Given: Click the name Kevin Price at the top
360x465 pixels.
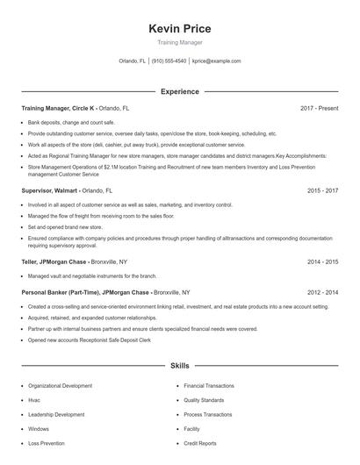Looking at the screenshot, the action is click(x=180, y=29).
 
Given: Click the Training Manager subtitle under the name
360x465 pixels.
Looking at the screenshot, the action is click(x=180, y=42).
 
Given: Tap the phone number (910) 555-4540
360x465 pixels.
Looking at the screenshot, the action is click(x=169, y=61).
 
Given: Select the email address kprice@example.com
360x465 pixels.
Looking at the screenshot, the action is click(x=216, y=61).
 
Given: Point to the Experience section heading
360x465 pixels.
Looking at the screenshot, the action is click(x=179, y=91).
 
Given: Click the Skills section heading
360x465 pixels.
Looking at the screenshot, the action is click(x=179, y=364).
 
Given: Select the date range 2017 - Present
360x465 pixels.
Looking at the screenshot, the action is click(x=319, y=108).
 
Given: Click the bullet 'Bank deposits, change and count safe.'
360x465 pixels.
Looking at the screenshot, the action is click(x=71, y=123).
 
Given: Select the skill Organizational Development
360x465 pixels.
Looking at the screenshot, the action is click(x=60, y=385).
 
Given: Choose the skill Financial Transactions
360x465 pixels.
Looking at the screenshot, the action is click(x=209, y=385).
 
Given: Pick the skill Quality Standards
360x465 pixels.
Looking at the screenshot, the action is click(x=205, y=400).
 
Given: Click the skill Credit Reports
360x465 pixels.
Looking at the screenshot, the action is click(x=200, y=443).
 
